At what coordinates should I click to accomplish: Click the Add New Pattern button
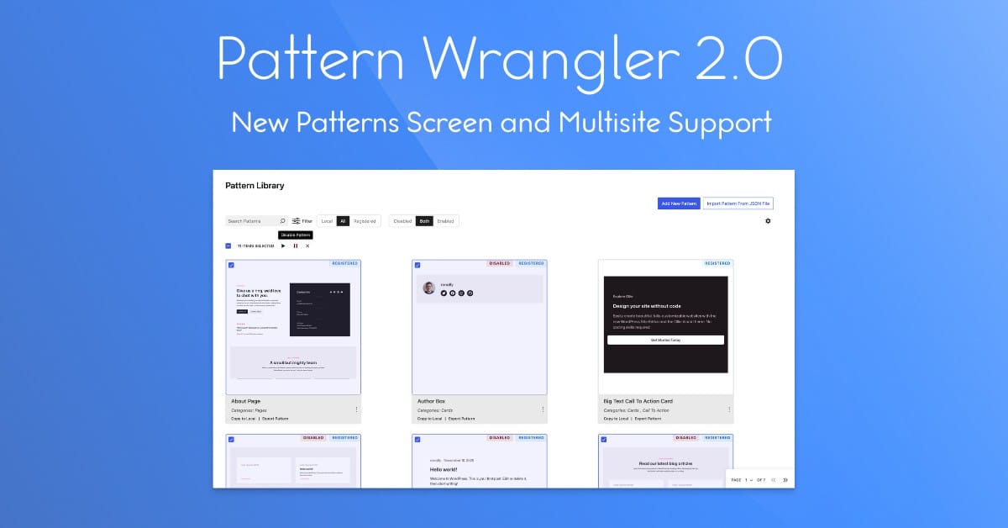tap(679, 203)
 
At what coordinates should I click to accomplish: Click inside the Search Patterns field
tap(251, 221)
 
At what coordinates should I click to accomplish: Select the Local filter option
tap(327, 221)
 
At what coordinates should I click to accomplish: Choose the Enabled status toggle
tap(445, 221)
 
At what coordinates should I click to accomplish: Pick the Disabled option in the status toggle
tap(402, 221)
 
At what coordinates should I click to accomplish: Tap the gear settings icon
tap(768, 221)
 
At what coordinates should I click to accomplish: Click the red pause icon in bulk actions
tap(296, 246)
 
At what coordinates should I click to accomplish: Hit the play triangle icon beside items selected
tap(283, 246)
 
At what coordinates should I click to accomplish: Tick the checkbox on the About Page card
tap(231, 265)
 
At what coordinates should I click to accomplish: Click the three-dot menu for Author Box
tap(543, 409)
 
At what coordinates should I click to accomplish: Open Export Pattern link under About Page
tap(275, 418)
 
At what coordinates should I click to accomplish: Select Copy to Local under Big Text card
tap(616, 418)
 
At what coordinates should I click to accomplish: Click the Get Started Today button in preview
tap(665, 340)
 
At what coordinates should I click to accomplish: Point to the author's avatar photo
tap(429, 288)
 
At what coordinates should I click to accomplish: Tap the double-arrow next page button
tap(785, 479)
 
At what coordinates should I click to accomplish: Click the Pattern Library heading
tap(255, 185)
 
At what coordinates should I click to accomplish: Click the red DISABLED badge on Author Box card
tap(500, 263)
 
